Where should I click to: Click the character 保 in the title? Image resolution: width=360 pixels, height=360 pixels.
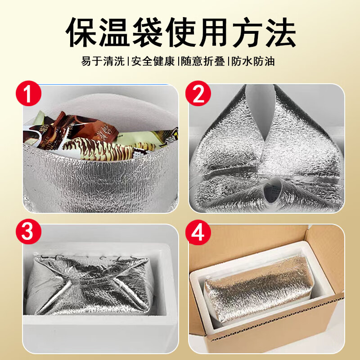(x=82, y=32)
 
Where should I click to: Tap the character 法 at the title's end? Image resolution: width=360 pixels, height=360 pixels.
(x=279, y=32)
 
